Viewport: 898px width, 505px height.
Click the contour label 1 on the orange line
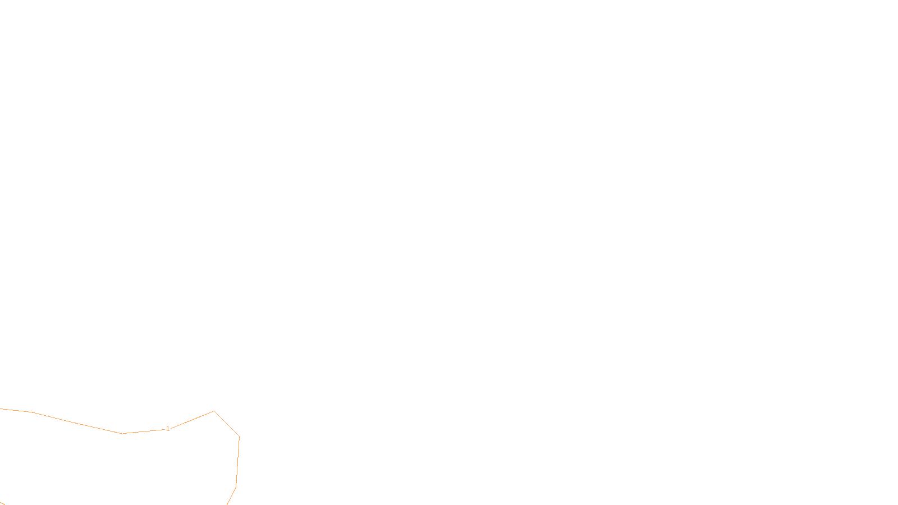coord(168,429)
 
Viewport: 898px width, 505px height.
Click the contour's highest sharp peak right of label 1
coord(214,411)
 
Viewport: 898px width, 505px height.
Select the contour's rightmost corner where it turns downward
coord(240,437)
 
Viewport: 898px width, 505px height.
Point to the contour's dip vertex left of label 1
coord(122,433)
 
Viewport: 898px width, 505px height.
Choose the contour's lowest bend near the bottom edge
coord(236,487)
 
